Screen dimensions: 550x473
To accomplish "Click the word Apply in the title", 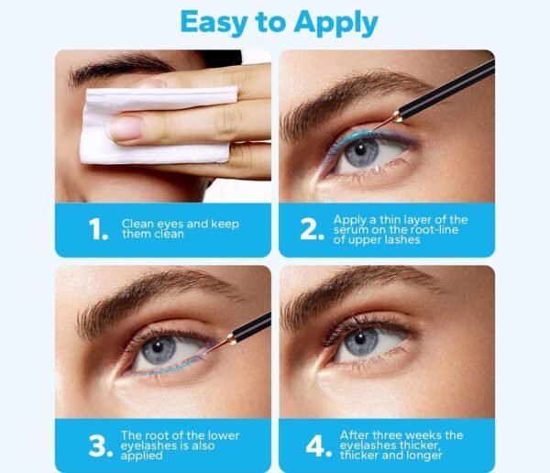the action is point(335,23).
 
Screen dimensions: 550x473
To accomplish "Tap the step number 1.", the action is point(98,229).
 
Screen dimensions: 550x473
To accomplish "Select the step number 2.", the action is point(312,229).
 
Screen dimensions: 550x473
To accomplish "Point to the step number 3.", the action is point(101,446).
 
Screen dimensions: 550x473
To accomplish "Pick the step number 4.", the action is point(318,446).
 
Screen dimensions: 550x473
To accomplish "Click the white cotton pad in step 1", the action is point(159,126).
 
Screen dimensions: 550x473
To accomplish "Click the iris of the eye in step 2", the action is point(361,152).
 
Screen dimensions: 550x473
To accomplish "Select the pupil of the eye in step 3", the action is point(158,346).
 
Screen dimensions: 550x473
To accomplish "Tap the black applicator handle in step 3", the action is point(251,326).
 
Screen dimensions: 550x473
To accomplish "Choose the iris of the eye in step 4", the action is point(361,340).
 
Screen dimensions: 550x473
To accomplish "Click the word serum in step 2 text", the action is point(350,230).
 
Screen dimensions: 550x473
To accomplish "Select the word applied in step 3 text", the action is point(142,456).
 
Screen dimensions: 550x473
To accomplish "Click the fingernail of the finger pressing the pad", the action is point(126,128).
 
